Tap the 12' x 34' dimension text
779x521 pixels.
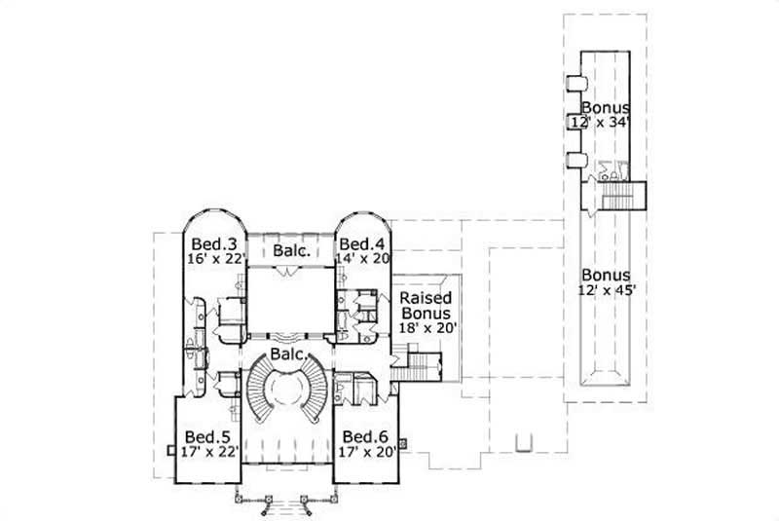click(x=605, y=122)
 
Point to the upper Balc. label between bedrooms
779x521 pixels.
click(x=291, y=251)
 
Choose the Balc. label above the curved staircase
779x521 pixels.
click(x=284, y=354)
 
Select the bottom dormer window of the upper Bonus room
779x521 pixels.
click(x=575, y=160)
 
